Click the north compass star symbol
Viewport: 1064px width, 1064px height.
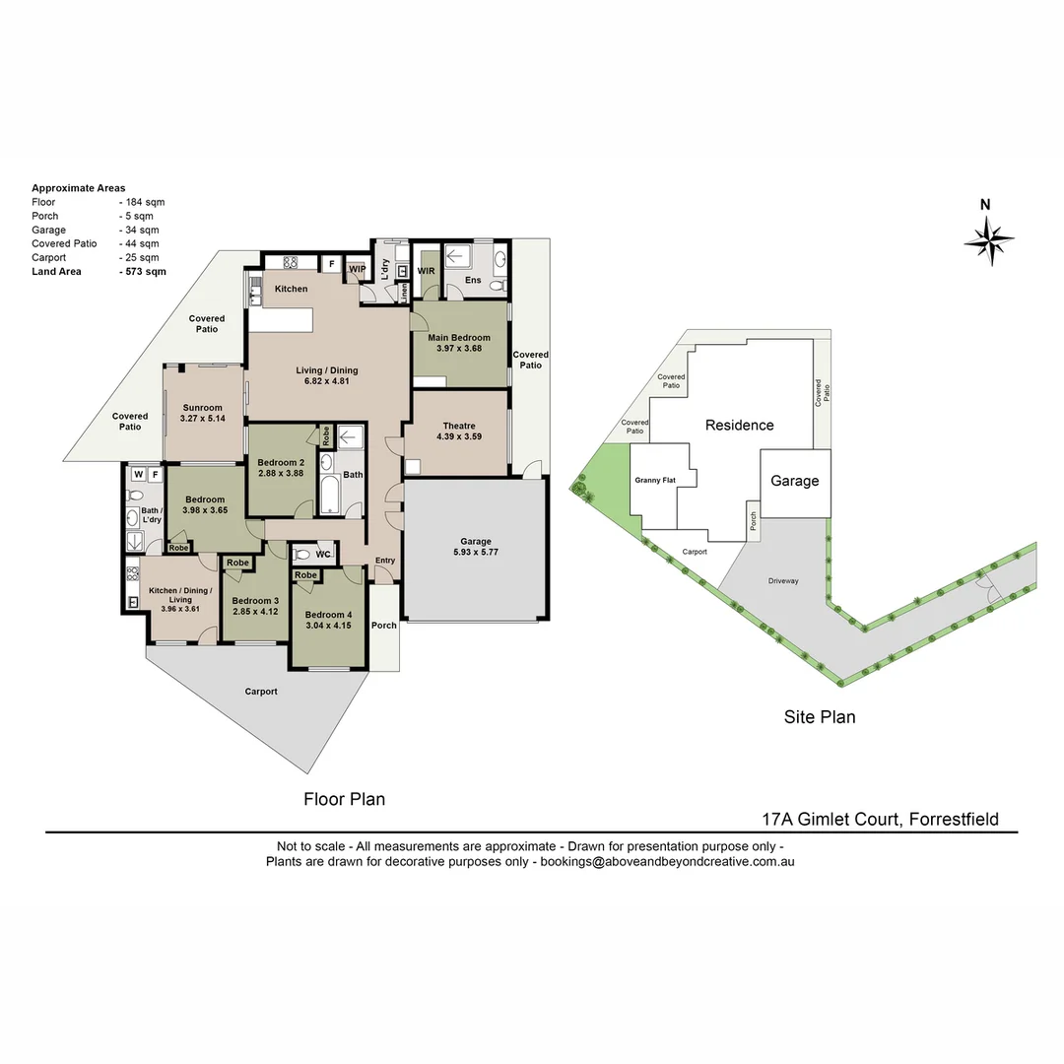pyautogui.click(x=988, y=239)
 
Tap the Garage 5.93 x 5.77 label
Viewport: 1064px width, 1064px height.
pyautogui.click(x=475, y=547)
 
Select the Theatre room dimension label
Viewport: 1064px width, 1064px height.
pyautogui.click(x=459, y=432)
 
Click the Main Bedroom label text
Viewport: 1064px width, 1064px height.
pyautogui.click(x=458, y=343)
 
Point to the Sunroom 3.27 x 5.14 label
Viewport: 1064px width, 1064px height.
pyautogui.click(x=202, y=413)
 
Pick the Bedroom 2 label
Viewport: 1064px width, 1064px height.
pyautogui.click(x=281, y=468)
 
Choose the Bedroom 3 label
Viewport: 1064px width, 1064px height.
pyautogui.click(x=255, y=606)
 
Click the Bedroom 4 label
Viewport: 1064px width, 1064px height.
pyautogui.click(x=328, y=604)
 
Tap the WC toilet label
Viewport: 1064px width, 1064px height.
pyautogui.click(x=323, y=554)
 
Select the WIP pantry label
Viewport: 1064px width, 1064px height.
pyautogui.click(x=358, y=268)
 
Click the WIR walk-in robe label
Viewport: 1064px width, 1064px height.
pyautogui.click(x=426, y=270)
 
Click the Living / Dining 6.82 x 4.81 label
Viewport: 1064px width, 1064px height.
pyautogui.click(x=327, y=376)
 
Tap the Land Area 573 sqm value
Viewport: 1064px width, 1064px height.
pyautogui.click(x=142, y=271)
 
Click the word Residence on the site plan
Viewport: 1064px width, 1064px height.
pyautogui.click(x=739, y=426)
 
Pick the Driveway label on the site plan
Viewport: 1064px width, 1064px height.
pyautogui.click(x=783, y=581)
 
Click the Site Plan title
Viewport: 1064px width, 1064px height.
pyautogui.click(x=820, y=717)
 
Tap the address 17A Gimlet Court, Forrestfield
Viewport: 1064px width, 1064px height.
pyautogui.click(x=880, y=819)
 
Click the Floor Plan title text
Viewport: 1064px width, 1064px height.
pyautogui.click(x=344, y=799)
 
